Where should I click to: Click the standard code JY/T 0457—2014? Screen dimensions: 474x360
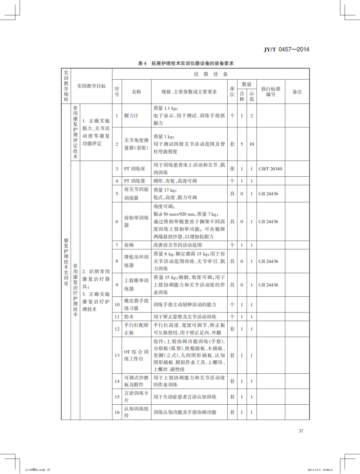(287, 50)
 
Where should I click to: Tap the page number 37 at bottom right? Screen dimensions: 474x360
(301, 431)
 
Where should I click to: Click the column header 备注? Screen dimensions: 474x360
(297, 92)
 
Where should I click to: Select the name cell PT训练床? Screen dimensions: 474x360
(134, 169)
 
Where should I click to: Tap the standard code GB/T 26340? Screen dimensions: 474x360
(270, 169)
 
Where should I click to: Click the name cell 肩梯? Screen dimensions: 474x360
(129, 245)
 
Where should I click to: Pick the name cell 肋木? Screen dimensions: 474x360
(129, 317)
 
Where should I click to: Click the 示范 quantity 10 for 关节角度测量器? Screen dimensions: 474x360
(252, 144)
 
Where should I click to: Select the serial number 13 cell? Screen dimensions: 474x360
(117, 355)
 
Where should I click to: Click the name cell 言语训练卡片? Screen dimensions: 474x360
(136, 397)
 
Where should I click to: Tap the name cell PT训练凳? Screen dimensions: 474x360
(134, 181)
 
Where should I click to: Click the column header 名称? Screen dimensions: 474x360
(136, 92)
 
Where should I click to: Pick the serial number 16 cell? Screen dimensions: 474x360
(117, 412)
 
